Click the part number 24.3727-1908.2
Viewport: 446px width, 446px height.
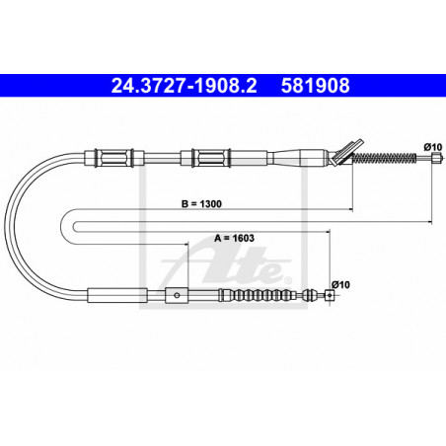[184, 86]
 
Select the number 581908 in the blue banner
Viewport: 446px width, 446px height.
[315, 86]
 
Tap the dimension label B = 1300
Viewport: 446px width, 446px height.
[201, 204]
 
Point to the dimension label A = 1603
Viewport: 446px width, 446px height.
[234, 238]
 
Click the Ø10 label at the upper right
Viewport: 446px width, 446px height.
[433, 147]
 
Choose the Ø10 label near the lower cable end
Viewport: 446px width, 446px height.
[340, 284]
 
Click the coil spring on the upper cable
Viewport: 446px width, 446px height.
[384, 158]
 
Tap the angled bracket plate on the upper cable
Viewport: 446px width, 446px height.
[347, 152]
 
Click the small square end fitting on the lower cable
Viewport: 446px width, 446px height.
[330, 295]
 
